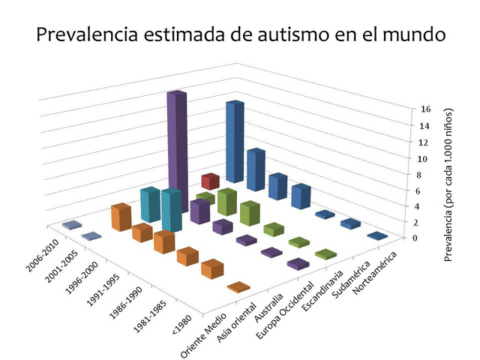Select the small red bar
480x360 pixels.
[210, 181]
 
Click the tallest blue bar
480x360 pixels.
[235, 142]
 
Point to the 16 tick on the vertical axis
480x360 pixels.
[425, 109]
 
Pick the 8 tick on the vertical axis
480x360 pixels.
[425, 174]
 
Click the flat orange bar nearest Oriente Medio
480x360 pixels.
[238, 287]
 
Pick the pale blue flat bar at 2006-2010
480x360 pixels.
[72, 225]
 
